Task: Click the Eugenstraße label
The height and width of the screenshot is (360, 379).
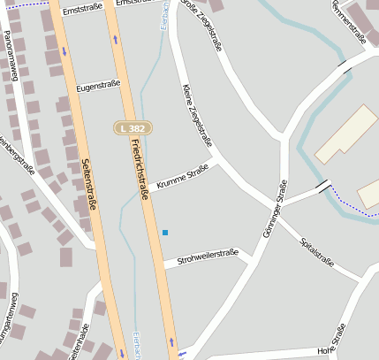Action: pos(97,88)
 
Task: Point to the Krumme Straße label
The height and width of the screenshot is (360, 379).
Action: pos(182,177)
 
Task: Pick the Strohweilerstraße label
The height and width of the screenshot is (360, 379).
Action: pos(208,257)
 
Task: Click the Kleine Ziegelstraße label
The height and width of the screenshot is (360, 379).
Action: pos(197,115)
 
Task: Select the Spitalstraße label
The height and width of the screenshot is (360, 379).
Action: pos(316,252)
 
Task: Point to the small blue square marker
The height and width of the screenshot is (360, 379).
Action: pos(165,233)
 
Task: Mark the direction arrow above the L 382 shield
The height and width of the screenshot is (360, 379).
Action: pos(116,39)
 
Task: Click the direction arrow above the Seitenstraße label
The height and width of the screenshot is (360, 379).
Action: pos(64,50)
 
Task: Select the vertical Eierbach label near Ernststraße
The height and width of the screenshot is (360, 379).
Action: pos(163,19)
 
